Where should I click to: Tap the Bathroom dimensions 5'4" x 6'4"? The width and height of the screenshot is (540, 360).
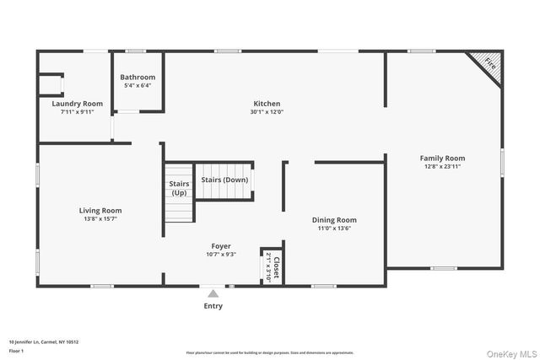click(137, 85)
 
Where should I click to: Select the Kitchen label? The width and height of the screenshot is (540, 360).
click(267, 103)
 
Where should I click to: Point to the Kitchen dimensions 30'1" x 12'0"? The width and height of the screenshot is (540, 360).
click(267, 112)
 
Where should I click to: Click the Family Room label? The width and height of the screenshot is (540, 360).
click(443, 158)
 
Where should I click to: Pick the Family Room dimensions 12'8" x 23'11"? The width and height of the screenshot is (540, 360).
click(443, 167)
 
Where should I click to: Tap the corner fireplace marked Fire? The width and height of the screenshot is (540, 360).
click(489, 63)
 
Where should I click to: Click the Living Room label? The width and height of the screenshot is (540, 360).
click(100, 210)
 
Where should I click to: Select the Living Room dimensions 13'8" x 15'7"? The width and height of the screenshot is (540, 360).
click(100, 219)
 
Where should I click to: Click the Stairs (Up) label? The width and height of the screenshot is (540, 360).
click(179, 188)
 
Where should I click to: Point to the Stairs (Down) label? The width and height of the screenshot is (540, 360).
click(224, 180)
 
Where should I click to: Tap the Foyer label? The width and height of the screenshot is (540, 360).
click(220, 246)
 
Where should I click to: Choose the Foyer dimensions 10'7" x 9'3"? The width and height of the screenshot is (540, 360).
click(220, 255)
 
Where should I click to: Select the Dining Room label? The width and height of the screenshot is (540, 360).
click(334, 219)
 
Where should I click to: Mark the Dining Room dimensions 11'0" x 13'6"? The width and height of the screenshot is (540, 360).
click(334, 228)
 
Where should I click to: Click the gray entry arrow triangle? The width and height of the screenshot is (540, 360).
click(213, 293)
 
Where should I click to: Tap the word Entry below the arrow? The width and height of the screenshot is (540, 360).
click(213, 306)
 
